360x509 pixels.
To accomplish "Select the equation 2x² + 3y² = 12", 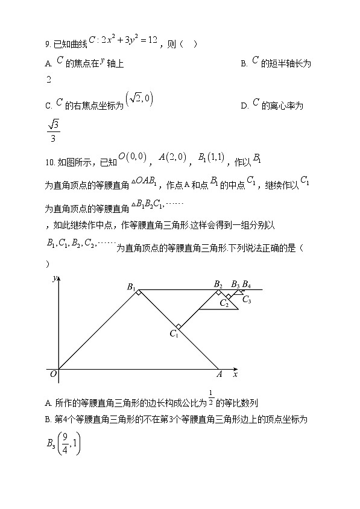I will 128,40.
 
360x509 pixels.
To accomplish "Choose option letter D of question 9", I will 244,106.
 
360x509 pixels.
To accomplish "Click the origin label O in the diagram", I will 53,375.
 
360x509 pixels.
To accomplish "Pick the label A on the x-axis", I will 219,375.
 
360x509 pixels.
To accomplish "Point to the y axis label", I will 54,278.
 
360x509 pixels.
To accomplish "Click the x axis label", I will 235,375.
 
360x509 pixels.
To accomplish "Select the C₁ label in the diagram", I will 174,334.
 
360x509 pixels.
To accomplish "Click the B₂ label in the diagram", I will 218,285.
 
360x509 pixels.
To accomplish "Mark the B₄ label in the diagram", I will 247,285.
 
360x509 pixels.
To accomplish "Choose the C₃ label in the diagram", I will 247,299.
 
